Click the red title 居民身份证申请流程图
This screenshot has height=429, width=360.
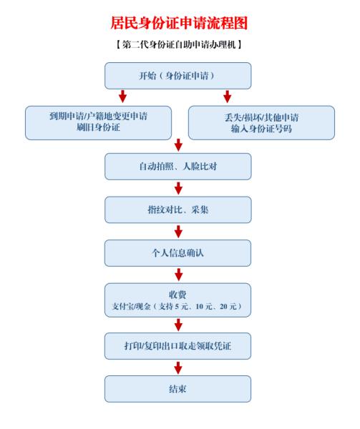tap(180, 23)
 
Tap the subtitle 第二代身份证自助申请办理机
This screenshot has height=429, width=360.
tap(179, 44)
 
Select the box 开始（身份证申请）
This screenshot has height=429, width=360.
tap(178, 76)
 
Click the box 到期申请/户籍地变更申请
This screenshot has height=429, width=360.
tap(98, 123)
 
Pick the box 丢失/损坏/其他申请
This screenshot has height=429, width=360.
tap(261, 123)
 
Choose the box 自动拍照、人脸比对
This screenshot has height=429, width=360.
tap(178, 167)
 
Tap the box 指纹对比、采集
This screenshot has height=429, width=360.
tap(178, 209)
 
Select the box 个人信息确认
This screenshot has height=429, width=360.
tap(178, 253)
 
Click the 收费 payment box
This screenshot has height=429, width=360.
tap(178, 300)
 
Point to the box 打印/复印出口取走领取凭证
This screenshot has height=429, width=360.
tap(178, 346)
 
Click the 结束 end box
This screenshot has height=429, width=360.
tap(178, 389)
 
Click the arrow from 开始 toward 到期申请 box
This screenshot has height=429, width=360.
tap(122, 97)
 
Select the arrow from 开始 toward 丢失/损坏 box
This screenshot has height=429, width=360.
tap(227, 97)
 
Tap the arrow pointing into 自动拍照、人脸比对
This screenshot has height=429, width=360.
tap(178, 145)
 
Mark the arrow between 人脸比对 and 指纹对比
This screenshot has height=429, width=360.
tap(178, 188)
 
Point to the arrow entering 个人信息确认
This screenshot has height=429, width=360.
tap(178, 232)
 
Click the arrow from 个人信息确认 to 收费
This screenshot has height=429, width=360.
tap(178, 275)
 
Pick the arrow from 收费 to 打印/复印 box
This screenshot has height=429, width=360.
tap(178, 325)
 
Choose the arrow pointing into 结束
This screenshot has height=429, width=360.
tap(178, 368)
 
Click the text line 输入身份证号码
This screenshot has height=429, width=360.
tap(261, 128)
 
